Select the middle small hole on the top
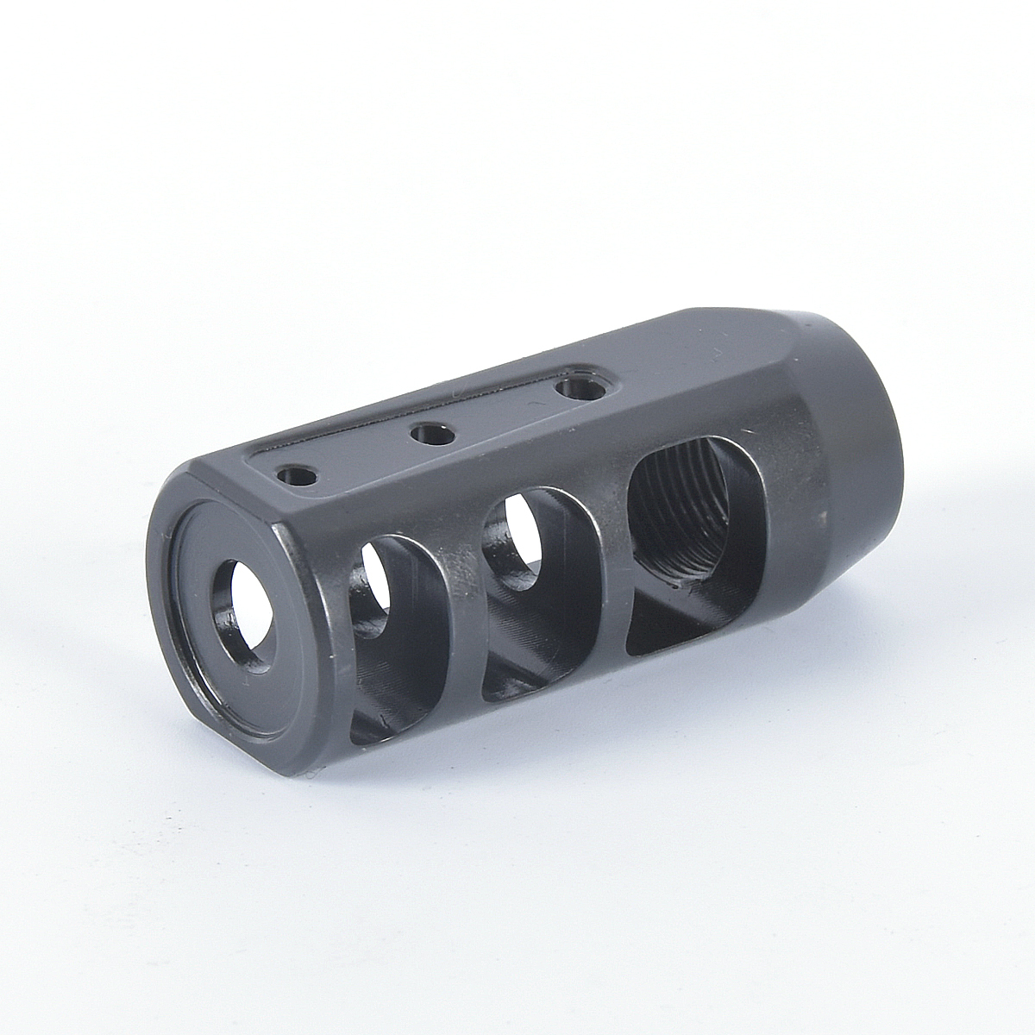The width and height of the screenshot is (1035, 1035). (x=432, y=434)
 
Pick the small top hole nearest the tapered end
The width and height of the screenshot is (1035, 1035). (x=579, y=390)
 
